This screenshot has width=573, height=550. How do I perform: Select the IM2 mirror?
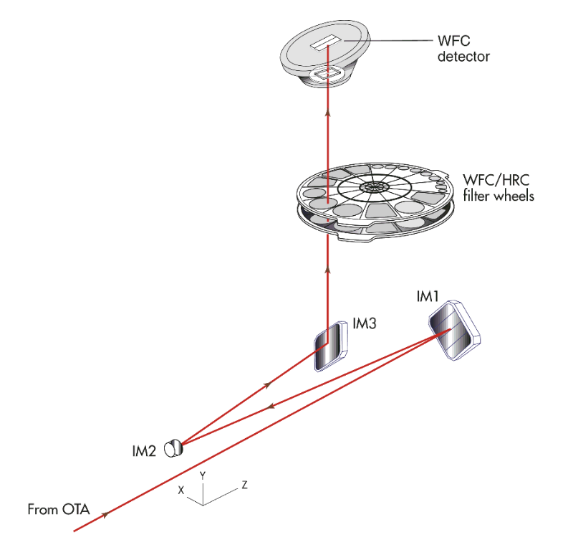coord(173,449)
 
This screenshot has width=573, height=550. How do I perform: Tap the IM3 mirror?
coord(330,347)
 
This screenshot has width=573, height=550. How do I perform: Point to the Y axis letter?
coord(203,475)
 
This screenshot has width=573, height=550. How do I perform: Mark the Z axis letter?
coord(244,485)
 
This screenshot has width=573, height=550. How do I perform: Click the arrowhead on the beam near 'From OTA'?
coord(107,515)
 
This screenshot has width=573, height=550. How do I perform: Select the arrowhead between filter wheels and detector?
coord(328,111)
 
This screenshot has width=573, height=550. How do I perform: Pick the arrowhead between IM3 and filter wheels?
coord(328,270)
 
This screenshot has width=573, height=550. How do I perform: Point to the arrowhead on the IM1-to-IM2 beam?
coord(271,407)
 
